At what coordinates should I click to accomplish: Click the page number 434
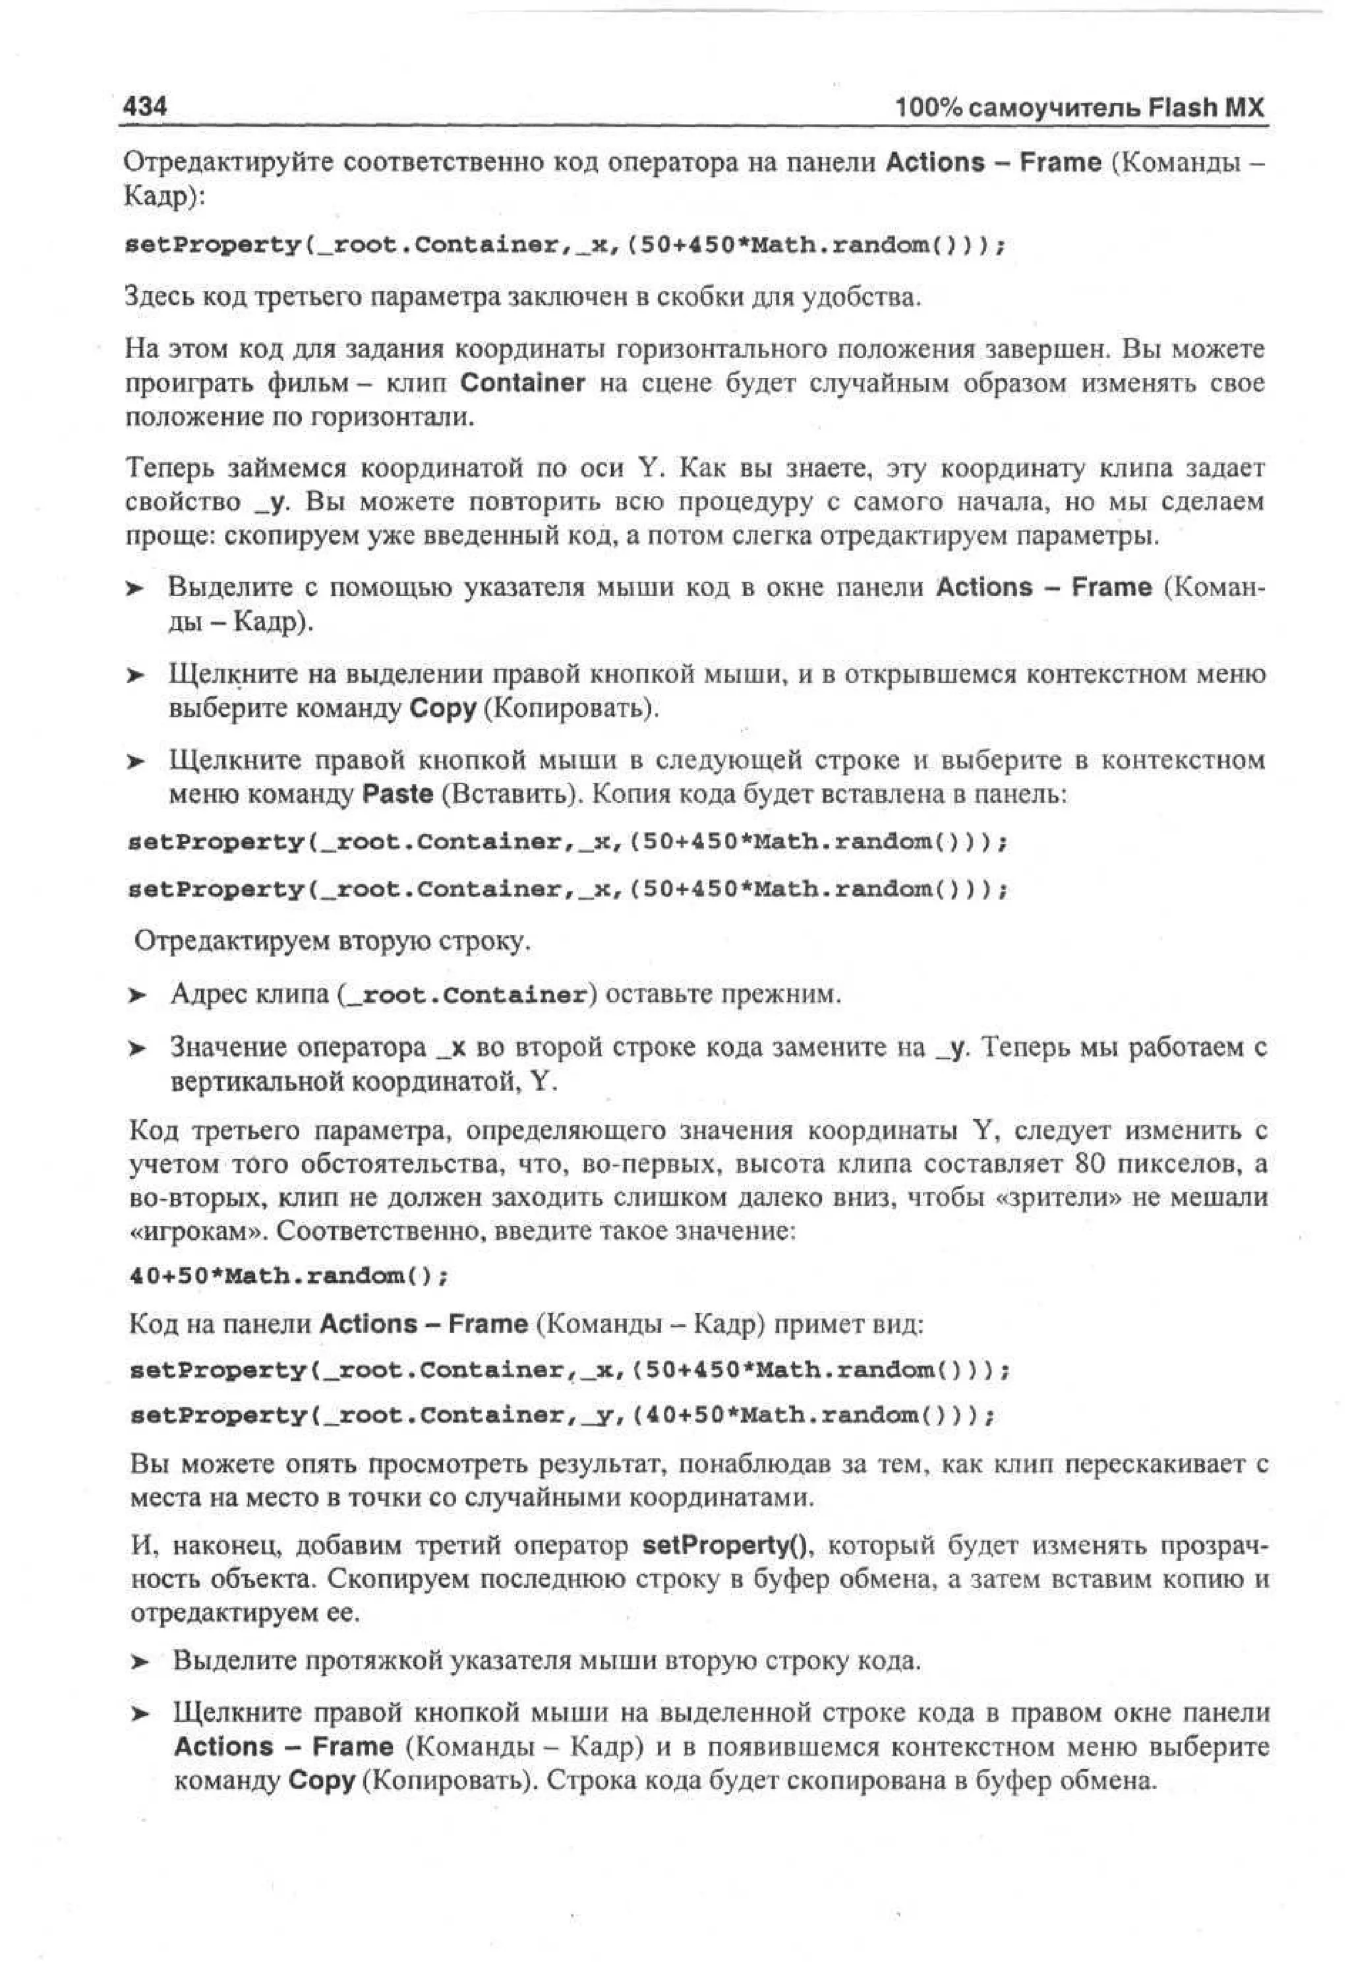(x=146, y=107)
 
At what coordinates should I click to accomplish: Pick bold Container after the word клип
(x=522, y=383)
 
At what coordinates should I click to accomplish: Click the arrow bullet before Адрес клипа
(x=138, y=995)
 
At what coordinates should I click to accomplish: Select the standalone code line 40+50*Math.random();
(x=287, y=1276)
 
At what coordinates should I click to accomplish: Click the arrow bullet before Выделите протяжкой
(x=140, y=1663)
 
